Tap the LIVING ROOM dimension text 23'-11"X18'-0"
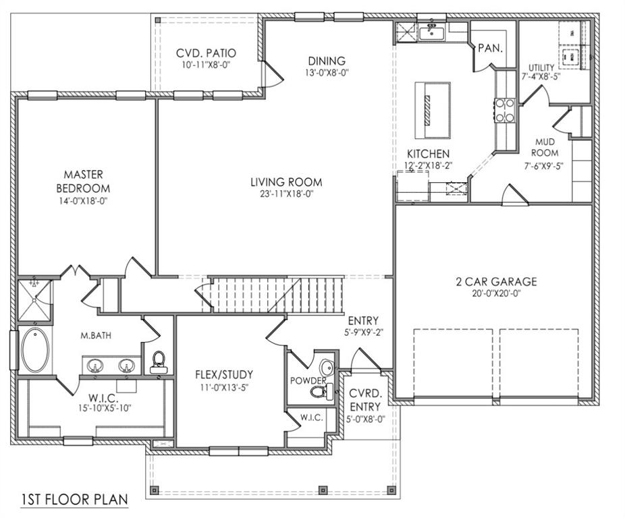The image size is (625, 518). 286,194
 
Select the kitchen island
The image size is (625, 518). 433,109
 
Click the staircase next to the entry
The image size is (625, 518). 277,294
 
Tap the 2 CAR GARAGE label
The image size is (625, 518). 495,281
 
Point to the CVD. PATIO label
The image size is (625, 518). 206,53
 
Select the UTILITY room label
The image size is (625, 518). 541,67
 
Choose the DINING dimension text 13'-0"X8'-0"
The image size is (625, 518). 327,72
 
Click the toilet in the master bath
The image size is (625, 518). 159,361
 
